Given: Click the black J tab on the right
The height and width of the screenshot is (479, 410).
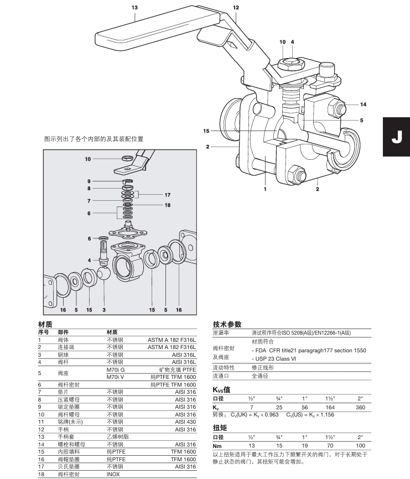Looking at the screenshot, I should click(397, 137).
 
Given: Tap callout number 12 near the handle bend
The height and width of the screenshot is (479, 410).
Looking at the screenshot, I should click(236, 8).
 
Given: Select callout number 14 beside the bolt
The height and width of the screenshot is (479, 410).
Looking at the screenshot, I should click(363, 104).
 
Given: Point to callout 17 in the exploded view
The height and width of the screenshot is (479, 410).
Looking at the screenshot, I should click(167, 195).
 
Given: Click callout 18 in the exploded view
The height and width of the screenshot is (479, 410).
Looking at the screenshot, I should click(167, 205).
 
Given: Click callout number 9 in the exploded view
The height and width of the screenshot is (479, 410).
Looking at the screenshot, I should click(88, 181).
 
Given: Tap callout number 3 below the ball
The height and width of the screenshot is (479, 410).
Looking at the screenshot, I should click(103, 309).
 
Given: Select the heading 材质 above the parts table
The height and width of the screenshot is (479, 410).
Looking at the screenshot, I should click(45, 324).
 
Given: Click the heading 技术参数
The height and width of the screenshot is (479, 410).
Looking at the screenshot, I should click(227, 324).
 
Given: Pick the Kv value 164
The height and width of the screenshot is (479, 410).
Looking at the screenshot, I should click(330, 407).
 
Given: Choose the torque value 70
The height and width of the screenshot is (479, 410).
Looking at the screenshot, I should click(330, 446).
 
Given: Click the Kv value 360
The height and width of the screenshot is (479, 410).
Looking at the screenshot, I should click(361, 407).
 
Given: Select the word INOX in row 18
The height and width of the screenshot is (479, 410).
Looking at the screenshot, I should click(113, 474).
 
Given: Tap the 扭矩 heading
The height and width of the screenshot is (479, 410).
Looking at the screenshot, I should click(220, 428).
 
